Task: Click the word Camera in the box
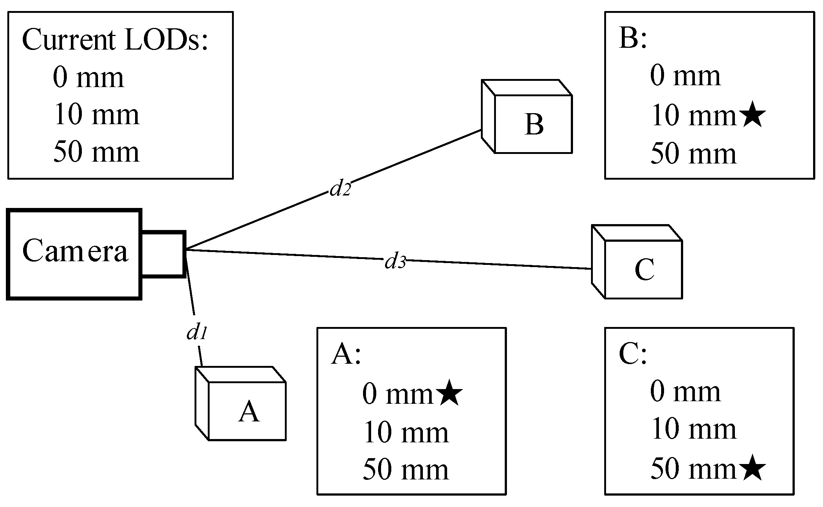[75, 251]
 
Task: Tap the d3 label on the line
[395, 262]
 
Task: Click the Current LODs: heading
[115, 40]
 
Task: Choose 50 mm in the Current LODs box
[97, 152]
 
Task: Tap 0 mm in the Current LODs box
[88, 78]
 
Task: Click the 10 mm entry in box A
[406, 433]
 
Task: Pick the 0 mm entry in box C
[685, 392]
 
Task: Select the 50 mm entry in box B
[693, 154]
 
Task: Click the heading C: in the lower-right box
[632, 355]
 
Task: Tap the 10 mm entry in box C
[693, 429]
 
